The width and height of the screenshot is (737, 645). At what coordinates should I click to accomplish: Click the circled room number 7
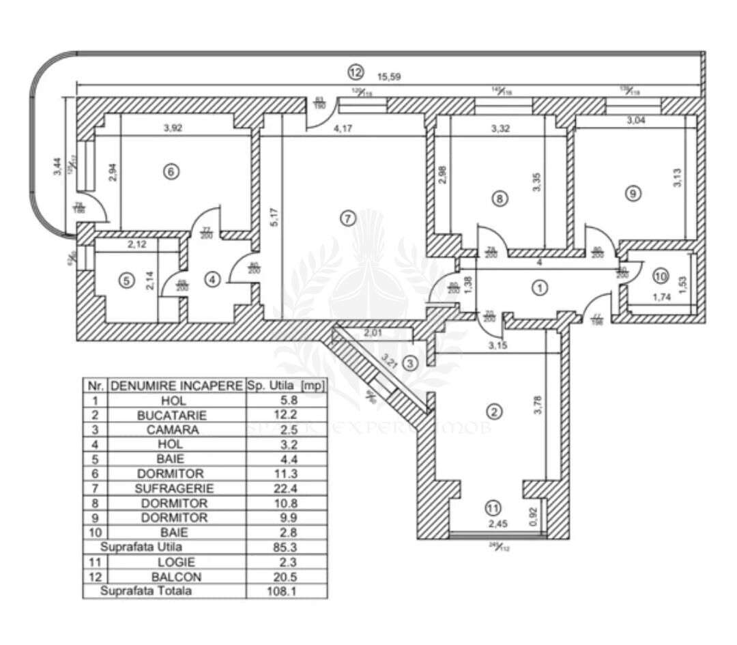pos(347,218)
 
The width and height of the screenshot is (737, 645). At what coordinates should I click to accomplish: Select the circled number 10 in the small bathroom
pos(659,276)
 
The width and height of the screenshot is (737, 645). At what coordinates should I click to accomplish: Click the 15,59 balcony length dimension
pos(388,76)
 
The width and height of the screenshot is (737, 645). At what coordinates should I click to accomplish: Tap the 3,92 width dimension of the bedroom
pos(175,126)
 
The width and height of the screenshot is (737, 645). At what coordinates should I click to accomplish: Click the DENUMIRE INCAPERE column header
pos(176,386)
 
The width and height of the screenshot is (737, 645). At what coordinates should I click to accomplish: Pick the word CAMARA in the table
pos(176,430)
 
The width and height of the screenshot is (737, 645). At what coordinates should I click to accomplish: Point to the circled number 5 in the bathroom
pos(125,281)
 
